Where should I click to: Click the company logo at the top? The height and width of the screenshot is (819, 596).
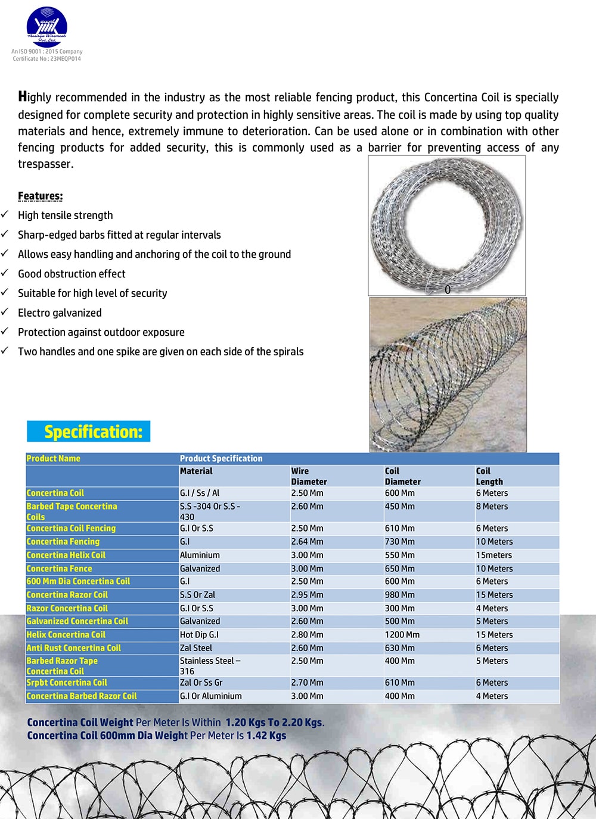(46, 27)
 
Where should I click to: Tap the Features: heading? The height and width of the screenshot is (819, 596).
(40, 196)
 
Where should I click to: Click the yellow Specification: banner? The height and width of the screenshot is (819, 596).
(88, 432)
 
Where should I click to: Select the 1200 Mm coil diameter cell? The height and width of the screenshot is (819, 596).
(402, 635)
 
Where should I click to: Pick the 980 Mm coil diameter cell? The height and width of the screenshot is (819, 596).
(399, 595)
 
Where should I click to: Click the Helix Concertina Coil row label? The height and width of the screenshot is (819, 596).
(66, 635)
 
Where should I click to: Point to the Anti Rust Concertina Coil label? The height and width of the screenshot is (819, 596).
(73, 648)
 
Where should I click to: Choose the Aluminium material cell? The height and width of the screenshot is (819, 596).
(200, 555)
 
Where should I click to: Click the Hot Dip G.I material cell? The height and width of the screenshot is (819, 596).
(199, 635)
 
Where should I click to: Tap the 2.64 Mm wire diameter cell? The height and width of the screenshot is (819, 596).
(307, 542)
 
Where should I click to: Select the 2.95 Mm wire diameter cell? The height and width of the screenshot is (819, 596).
(307, 595)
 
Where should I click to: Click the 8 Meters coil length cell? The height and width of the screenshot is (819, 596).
(492, 507)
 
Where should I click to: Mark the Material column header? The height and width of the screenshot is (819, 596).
(196, 471)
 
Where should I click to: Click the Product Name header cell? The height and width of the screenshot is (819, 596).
(53, 458)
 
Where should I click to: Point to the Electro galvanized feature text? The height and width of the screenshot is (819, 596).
(60, 313)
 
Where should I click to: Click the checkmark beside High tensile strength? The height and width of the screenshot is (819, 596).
(5, 214)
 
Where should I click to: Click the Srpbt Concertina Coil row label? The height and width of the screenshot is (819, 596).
(67, 683)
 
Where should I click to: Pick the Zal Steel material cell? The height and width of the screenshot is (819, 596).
(195, 648)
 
